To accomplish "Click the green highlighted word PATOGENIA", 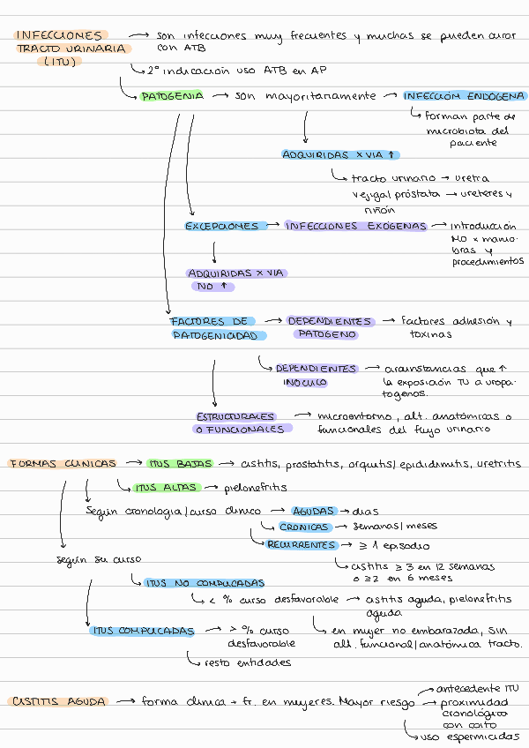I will pyautogui.click(x=172, y=95).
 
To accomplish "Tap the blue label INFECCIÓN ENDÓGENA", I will pyautogui.click(x=465, y=95).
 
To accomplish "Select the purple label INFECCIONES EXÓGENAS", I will pyautogui.click(x=355, y=226).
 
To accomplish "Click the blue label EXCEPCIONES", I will pyautogui.click(x=222, y=226).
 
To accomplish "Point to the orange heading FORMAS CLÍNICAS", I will pyautogui.click(x=63, y=463).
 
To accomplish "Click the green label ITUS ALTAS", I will pyautogui.click(x=168, y=487).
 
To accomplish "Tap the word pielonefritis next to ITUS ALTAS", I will pyautogui.click(x=256, y=487).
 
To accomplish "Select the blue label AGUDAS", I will pyautogui.click(x=313, y=511).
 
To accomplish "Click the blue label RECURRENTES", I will pyautogui.click(x=302, y=543).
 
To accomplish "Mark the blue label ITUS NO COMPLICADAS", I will pyautogui.click(x=205, y=583).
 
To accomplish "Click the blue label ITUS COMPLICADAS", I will pyautogui.click(x=142, y=631).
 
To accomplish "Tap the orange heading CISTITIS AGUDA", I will pyautogui.click(x=59, y=701).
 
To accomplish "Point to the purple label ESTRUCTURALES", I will pyautogui.click(x=235, y=415).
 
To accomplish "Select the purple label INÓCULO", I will pyautogui.click(x=304, y=383).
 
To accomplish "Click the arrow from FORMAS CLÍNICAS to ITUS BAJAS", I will pyautogui.click(x=132, y=463).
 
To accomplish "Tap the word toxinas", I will pyautogui.click(x=431, y=334).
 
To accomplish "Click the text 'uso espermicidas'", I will pyautogui.click(x=469, y=735).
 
